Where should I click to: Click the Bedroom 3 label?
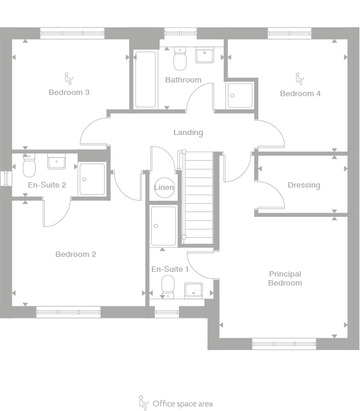[x=69, y=93]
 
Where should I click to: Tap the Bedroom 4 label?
[x=300, y=94]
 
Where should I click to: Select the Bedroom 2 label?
[x=75, y=254]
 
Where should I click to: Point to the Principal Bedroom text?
[x=285, y=278]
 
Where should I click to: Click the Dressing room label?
[x=304, y=185]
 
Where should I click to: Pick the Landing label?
[x=188, y=133]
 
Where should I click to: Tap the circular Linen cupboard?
[x=164, y=188]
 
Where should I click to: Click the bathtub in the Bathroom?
[x=145, y=79]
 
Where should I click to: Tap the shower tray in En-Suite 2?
[x=92, y=179]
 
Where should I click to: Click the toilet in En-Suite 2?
[x=29, y=166]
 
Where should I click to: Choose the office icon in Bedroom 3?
[x=68, y=77]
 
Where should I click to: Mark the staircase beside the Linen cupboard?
[x=197, y=197]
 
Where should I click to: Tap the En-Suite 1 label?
[x=170, y=269]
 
